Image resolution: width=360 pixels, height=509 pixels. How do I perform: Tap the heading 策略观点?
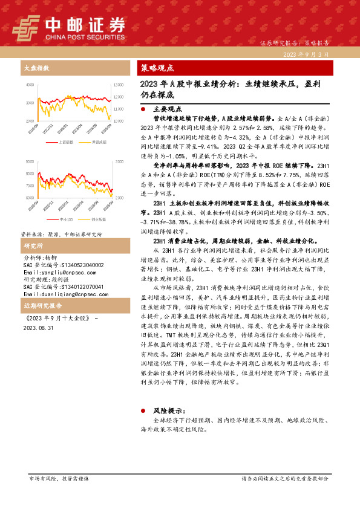pos(157,68)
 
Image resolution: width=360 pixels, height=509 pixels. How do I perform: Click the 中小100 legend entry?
pos(67,218)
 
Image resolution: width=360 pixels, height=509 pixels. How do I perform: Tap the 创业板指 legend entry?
pos(98,218)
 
